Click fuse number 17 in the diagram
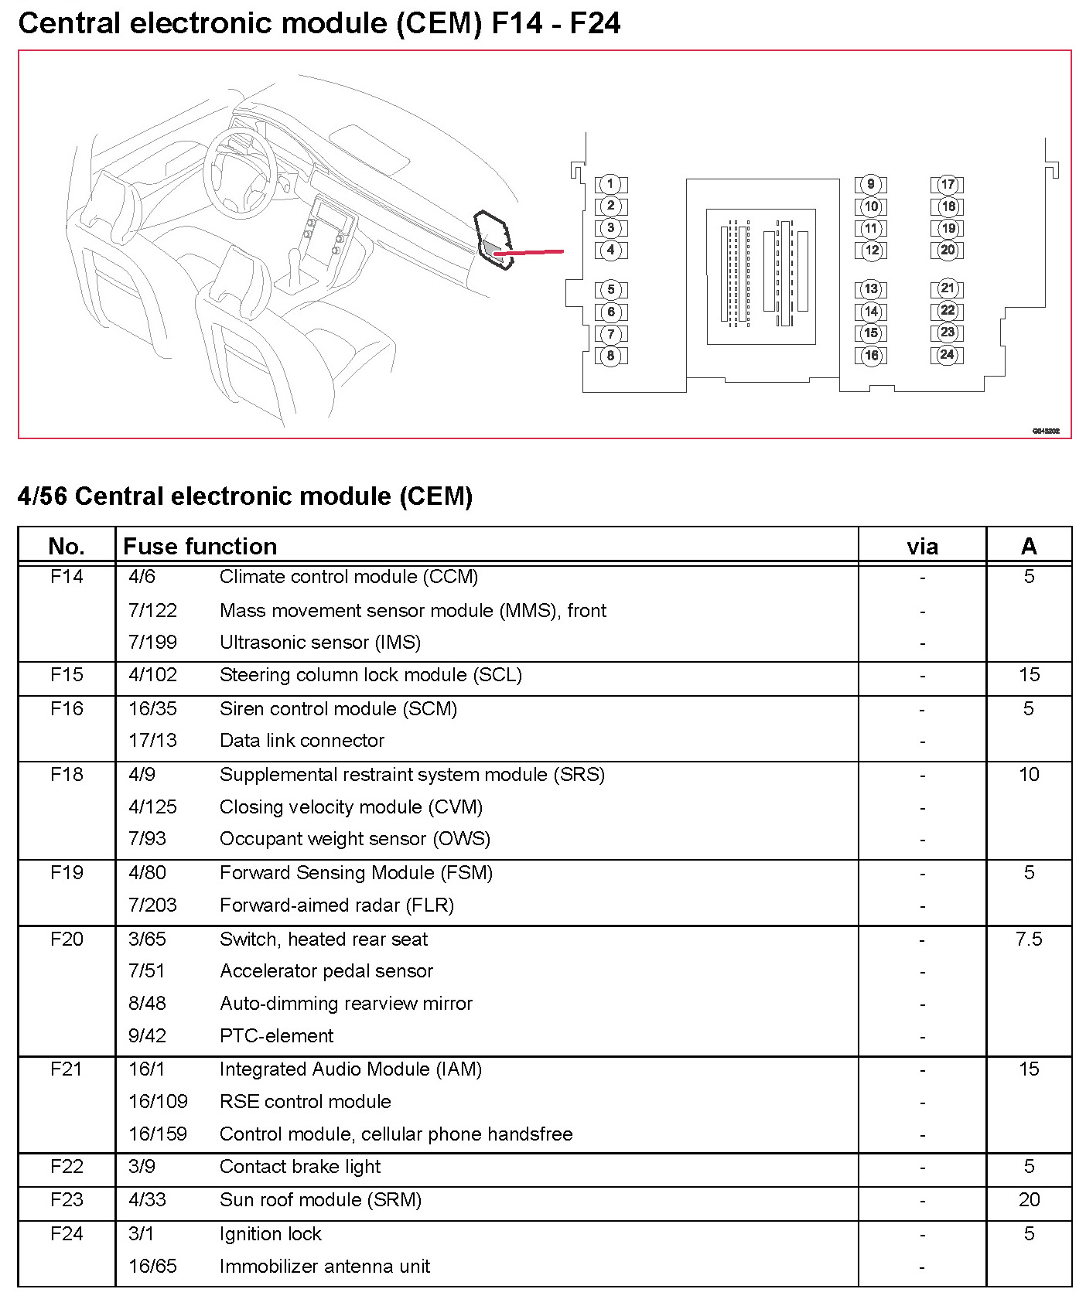[948, 185]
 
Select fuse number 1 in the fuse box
[610, 184]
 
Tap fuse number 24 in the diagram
[948, 355]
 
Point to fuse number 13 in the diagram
[871, 289]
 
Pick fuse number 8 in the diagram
[610, 356]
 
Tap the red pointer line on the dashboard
[529, 252]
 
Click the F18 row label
[67, 775]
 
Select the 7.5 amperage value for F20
[1029, 939]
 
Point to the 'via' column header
[922, 547]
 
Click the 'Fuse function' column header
[200, 547]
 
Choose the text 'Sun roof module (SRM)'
[320, 1200]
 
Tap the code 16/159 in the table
[158, 1134]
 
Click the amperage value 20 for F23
[1029, 1200]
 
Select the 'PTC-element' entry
[276, 1036]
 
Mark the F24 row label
[67, 1234]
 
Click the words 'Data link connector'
[302, 741]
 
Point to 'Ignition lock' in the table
[270, 1234]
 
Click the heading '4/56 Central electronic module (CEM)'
[244, 496]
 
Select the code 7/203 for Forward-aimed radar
[152, 905]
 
